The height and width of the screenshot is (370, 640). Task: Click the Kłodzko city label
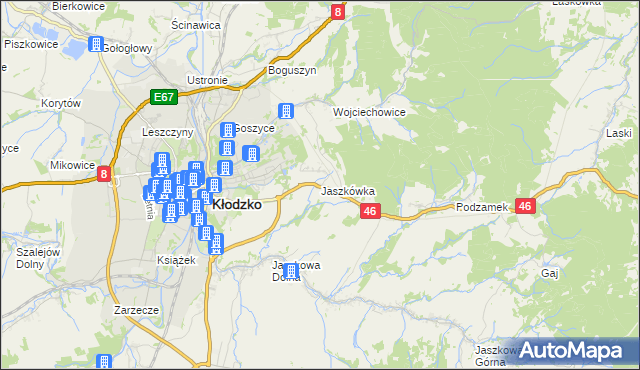[237, 203]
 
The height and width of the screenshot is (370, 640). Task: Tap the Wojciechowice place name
[369, 112]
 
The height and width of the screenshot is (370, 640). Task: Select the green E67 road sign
[165, 97]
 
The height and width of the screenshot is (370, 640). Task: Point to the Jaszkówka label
[347, 190]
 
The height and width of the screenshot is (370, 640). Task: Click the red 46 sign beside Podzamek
[527, 205]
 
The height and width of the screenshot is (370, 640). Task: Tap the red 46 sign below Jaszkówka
[370, 211]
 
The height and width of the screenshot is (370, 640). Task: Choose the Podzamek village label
[482, 207]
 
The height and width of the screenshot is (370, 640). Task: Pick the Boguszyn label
[292, 71]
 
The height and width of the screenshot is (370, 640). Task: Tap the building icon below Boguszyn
[287, 112]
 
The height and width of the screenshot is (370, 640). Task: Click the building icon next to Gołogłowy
[96, 45]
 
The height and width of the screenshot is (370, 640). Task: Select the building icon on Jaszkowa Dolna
[291, 271]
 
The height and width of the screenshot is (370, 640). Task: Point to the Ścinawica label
[195, 24]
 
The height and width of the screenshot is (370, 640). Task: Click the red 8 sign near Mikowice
[104, 174]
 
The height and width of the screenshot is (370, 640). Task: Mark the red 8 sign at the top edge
[338, 12]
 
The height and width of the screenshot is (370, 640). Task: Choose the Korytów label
[60, 103]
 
